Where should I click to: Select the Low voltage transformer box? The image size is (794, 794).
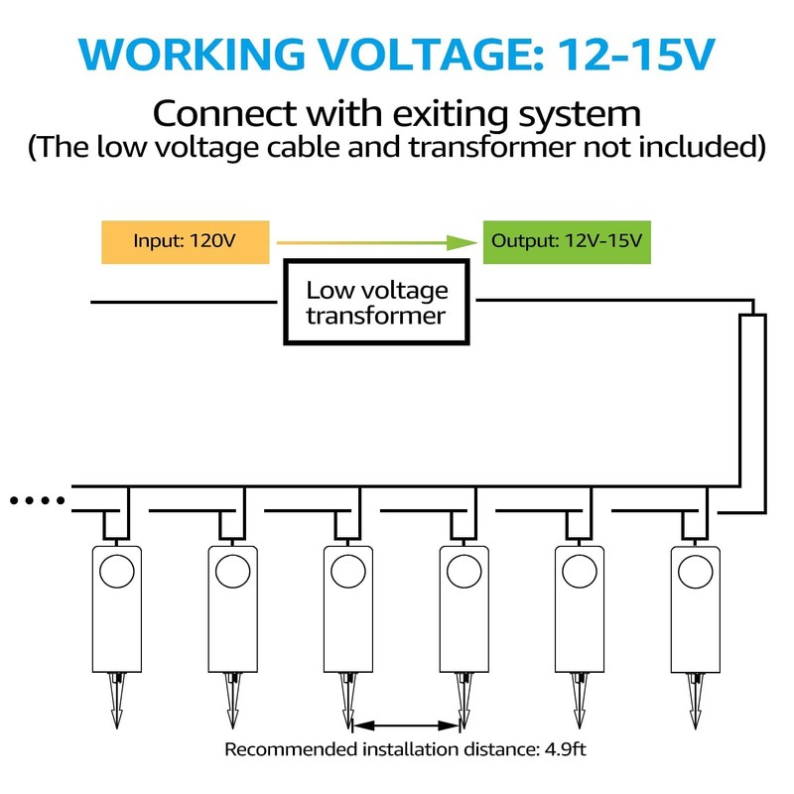[376, 303]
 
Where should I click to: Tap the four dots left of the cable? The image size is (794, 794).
[36, 499]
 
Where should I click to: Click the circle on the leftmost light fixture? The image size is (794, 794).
[117, 571]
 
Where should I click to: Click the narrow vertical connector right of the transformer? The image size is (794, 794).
[752, 397]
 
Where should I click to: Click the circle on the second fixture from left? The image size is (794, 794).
[232, 571]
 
